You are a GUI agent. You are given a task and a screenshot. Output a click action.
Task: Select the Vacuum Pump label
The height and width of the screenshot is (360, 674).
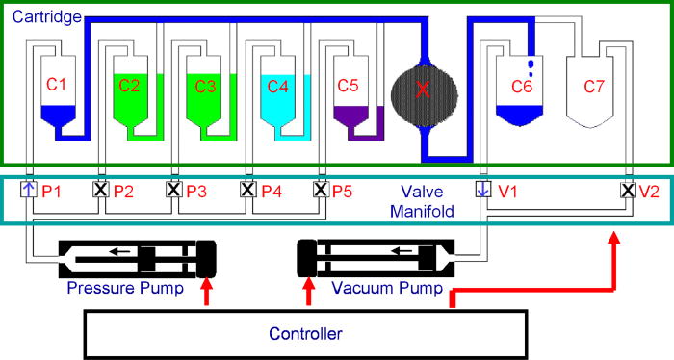click(x=387, y=288)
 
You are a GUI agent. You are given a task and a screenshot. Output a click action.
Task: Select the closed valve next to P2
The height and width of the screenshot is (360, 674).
click(x=100, y=190)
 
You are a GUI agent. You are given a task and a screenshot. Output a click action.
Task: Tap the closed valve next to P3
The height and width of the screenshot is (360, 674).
click(x=174, y=190)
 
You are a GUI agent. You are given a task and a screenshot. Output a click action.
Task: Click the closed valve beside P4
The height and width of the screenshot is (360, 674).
click(x=247, y=190)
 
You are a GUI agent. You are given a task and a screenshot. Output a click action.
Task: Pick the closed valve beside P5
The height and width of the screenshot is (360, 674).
click(x=321, y=190)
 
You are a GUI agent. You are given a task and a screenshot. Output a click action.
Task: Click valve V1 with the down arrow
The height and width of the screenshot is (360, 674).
click(x=483, y=190)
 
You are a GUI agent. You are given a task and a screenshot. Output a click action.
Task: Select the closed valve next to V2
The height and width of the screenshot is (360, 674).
click(x=628, y=190)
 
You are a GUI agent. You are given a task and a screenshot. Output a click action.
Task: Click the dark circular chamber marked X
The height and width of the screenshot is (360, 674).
click(x=422, y=90)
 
